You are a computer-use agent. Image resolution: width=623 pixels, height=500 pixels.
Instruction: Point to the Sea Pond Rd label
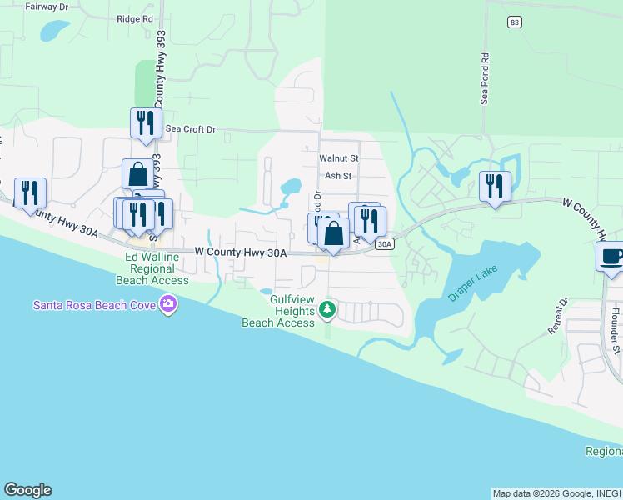click(483, 79)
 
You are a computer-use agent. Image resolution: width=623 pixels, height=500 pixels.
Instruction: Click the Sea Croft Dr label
click(191, 129)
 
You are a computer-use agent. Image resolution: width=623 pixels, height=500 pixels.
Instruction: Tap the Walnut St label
click(338, 157)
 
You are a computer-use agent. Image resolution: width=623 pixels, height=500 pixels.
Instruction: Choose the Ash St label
click(339, 176)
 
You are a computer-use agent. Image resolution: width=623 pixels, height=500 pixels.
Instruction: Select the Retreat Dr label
click(557, 317)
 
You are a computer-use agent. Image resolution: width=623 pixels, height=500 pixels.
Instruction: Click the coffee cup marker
click(611, 255)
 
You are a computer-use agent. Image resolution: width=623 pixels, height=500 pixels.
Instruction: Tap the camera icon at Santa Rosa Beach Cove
click(169, 304)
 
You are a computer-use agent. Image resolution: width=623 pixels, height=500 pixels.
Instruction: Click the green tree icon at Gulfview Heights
click(328, 311)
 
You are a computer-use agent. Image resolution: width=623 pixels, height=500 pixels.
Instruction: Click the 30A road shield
click(384, 244)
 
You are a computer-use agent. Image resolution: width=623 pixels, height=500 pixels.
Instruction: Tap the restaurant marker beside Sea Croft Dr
click(146, 122)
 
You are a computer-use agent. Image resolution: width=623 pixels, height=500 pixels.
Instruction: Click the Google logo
click(27, 490)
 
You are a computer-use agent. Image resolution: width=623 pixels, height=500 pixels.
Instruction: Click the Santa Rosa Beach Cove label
click(97, 304)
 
